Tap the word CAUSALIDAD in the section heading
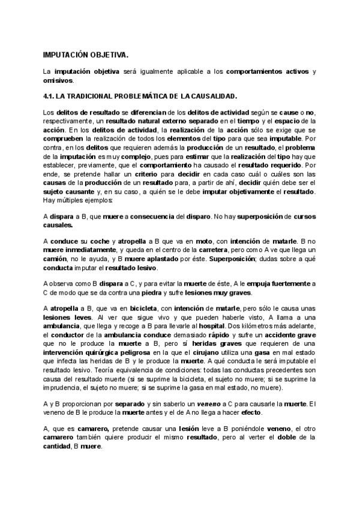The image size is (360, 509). coord(213,96)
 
